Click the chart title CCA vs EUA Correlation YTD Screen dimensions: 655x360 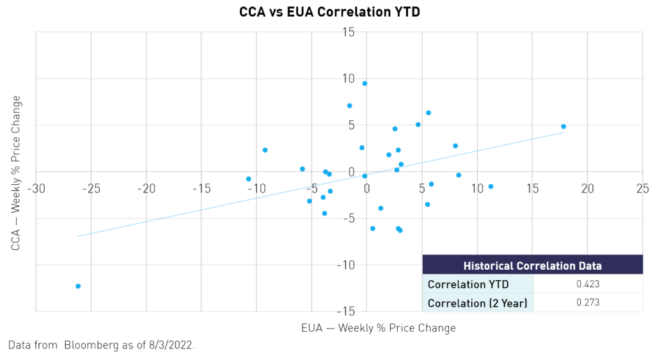pos(329,12)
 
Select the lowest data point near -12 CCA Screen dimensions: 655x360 pos(78,286)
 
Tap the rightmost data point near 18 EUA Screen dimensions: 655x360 pos(564,127)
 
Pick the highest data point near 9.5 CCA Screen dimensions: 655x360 pos(365,84)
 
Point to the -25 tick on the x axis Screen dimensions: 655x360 pos(91,189)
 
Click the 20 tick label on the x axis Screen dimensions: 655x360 pos(587,189)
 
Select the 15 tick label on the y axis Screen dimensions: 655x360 pos(348,32)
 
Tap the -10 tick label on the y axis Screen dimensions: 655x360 pos(345,265)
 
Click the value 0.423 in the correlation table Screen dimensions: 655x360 pos(588,284)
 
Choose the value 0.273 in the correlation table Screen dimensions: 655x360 pos(588,302)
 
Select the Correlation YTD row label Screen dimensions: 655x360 pos(468,285)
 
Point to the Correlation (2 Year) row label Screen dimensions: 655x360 pos(477,303)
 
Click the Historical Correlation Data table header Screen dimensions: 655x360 pos(533,265)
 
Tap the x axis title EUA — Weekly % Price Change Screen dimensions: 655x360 pos(379,328)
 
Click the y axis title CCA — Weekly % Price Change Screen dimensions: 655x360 pos(16,173)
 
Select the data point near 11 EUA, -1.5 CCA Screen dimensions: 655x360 pos(491,187)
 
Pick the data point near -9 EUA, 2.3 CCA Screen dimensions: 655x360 pos(265,150)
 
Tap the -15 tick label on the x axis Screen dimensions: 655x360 pos(201,189)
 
